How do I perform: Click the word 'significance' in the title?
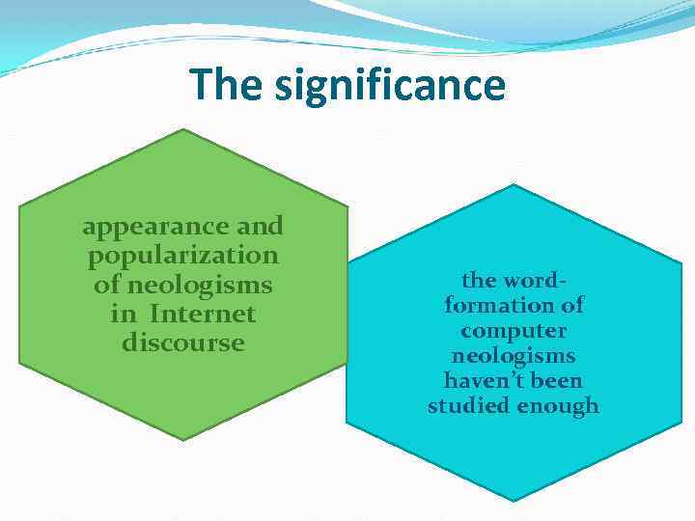390,85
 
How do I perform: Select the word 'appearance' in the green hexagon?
156,228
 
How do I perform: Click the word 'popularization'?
183,257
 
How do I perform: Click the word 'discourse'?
183,343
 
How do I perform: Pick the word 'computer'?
514,330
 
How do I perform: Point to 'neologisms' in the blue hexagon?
514,355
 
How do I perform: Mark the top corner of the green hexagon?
183,129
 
